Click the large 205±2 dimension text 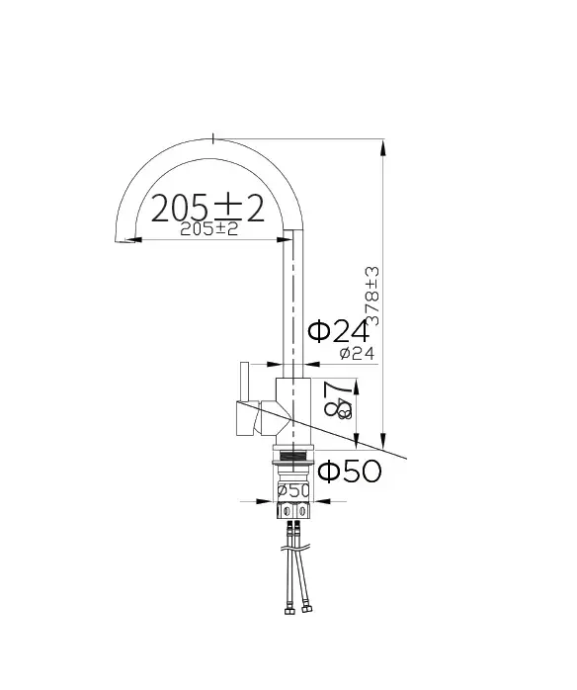(x=207, y=208)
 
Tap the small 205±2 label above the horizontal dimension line (x=209, y=229)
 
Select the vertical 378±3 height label (x=372, y=296)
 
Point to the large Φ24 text (x=338, y=332)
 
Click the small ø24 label (x=357, y=353)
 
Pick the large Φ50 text (x=349, y=472)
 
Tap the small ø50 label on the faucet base (x=293, y=489)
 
